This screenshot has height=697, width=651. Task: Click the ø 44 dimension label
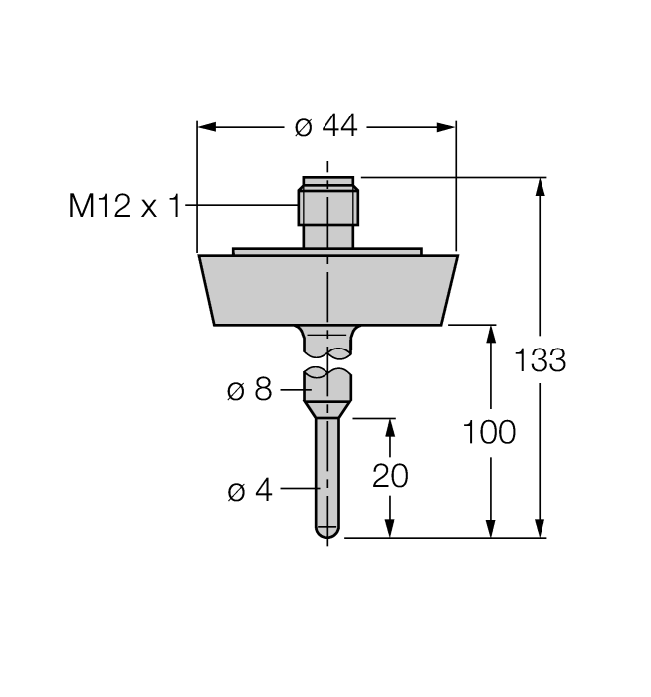tap(325, 127)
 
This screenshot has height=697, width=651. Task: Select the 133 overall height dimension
tap(541, 359)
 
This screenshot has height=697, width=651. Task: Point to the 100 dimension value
tap(489, 432)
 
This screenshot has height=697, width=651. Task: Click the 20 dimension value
tap(390, 476)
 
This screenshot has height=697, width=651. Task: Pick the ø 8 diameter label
tap(249, 389)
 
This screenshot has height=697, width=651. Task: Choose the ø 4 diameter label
tap(249, 491)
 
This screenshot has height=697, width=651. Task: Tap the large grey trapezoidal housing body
tap(327, 289)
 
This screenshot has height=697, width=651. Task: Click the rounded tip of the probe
tap(326, 533)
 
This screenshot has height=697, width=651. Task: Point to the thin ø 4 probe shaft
tap(326, 468)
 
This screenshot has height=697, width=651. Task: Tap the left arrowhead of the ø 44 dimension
tap(205, 127)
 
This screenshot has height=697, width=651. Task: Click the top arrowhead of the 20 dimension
tap(390, 427)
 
